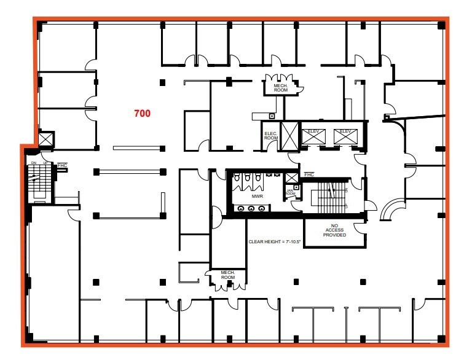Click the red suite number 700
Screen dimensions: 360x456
point(143,113)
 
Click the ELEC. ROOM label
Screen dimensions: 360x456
point(271,136)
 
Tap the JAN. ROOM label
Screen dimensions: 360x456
point(291,192)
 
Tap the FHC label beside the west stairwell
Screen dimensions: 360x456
point(62,165)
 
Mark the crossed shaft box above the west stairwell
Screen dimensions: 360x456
point(46,138)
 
